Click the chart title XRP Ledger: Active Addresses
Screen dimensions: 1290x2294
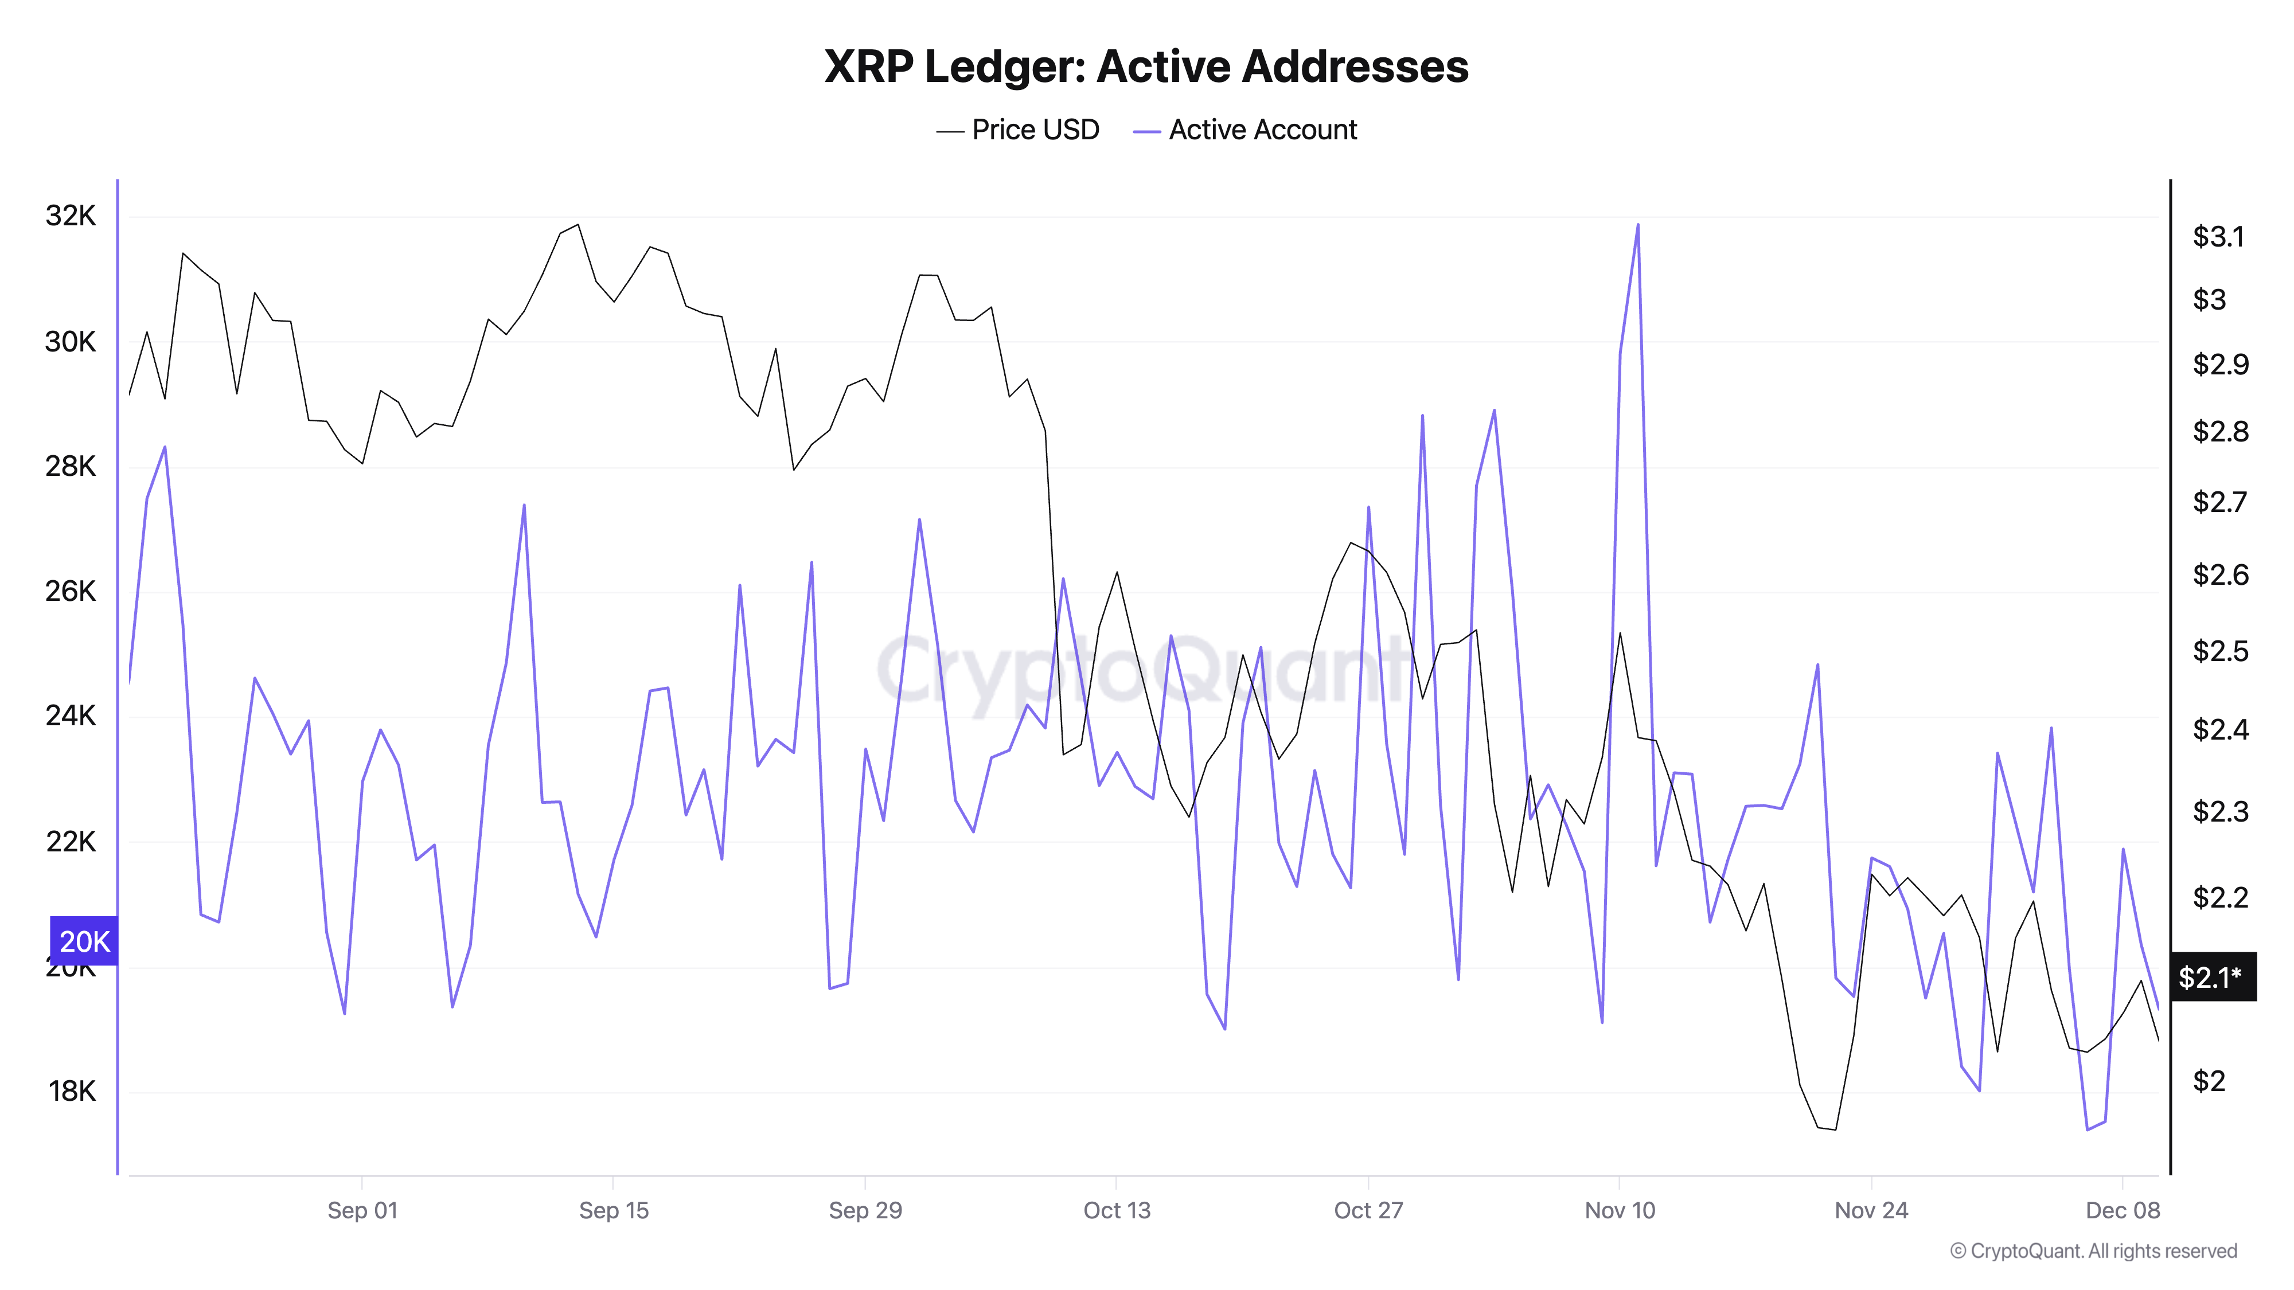[x=1146, y=67]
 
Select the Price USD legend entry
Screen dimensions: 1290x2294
[x=1018, y=130]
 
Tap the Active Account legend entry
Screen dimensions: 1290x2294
[x=1245, y=130]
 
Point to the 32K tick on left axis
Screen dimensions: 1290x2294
[x=71, y=216]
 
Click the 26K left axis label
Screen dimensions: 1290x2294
[x=71, y=591]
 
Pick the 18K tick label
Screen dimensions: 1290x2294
[x=71, y=1092]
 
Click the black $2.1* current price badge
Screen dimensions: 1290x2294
[x=2212, y=978]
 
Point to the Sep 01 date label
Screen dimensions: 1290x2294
[x=362, y=1211]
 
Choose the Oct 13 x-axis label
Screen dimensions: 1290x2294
[x=1117, y=1211]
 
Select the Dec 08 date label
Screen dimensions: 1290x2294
[x=2123, y=1211]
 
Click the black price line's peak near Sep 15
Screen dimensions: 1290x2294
[x=578, y=225]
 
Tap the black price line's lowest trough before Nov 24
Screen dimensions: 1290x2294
[x=1835, y=1129]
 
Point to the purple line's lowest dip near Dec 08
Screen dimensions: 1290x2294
[x=2088, y=1129]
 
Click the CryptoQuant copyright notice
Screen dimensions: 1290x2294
[x=2093, y=1252]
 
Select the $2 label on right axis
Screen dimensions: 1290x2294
[x=2209, y=1081]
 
